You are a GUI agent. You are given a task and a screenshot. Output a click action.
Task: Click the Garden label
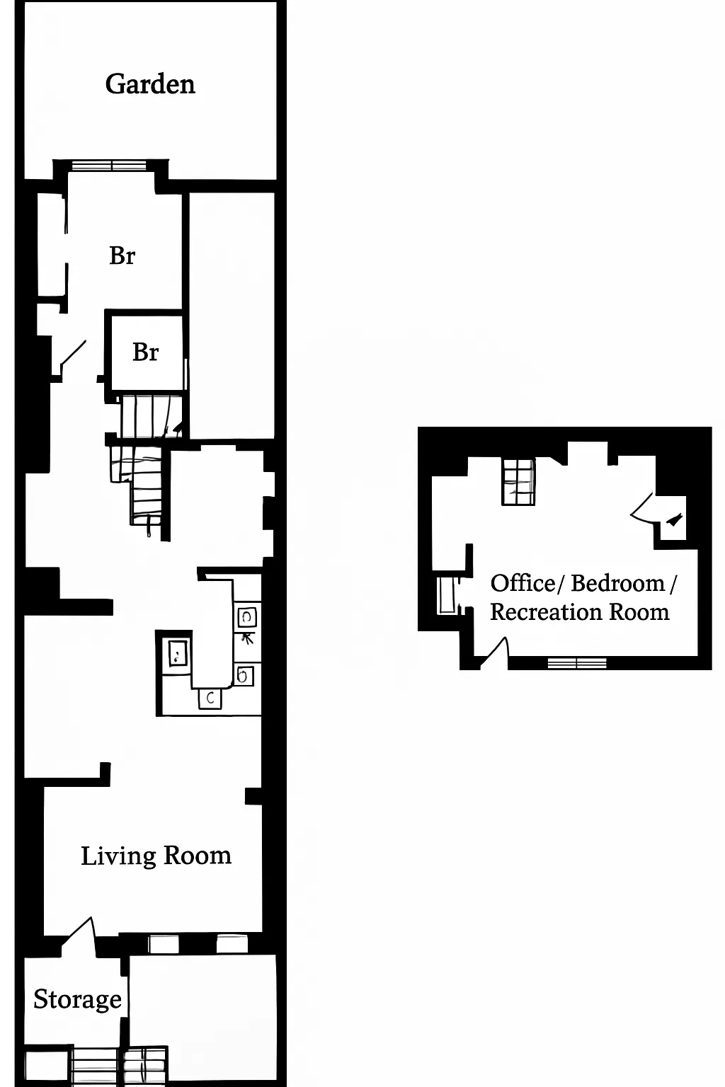(150, 84)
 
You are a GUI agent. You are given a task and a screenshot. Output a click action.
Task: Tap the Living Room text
(156, 856)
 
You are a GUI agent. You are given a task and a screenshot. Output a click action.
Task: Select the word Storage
(77, 999)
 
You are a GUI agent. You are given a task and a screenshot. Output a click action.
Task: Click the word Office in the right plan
(523, 583)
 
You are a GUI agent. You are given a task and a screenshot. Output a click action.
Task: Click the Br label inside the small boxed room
(145, 352)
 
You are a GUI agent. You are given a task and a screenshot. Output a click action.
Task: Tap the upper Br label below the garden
(122, 255)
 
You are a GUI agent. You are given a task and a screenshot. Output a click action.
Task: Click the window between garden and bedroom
(109, 166)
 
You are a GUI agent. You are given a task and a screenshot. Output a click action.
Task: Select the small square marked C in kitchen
(210, 698)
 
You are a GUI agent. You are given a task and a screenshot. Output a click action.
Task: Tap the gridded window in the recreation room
(518, 482)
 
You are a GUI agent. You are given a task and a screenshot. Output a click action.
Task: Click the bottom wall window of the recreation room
(577, 663)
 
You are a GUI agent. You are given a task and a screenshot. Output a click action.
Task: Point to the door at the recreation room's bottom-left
(497, 652)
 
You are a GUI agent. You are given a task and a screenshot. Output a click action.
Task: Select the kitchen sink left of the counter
(177, 652)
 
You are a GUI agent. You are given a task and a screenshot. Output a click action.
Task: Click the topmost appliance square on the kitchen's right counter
(247, 617)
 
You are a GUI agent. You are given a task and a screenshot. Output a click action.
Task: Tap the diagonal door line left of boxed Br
(74, 352)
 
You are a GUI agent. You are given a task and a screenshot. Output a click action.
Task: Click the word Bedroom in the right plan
(617, 583)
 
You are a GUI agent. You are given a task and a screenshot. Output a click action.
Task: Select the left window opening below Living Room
(164, 943)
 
